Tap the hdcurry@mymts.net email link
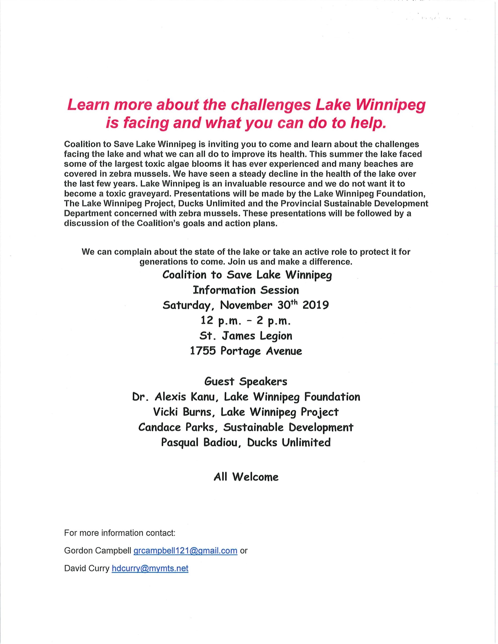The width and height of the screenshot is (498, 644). point(150,568)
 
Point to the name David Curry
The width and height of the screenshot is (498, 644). point(87,568)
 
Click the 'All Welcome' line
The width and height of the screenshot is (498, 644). point(246,477)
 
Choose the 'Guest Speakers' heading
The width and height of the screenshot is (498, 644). point(246,382)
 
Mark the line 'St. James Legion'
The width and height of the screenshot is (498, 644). point(246,336)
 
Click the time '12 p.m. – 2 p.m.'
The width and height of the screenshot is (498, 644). point(246,320)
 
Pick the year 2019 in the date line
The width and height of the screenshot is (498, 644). point(315,305)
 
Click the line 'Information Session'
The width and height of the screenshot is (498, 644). point(246,290)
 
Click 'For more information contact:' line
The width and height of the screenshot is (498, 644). point(120,533)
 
